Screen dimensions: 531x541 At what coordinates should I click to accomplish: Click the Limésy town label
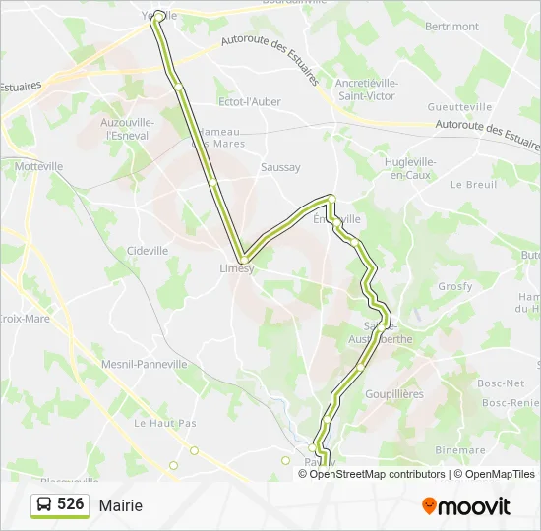tap(236, 268)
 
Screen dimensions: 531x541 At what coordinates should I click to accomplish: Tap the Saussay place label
tap(280, 167)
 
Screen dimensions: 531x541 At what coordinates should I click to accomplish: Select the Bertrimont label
tap(451, 27)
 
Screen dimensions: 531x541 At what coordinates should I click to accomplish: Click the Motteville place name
tap(38, 166)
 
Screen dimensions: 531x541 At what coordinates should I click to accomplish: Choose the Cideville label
tap(148, 251)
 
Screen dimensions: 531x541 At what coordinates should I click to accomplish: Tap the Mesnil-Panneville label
tap(145, 364)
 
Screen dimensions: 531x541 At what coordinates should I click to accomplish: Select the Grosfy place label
tap(455, 286)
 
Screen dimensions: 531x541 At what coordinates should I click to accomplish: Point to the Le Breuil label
tap(473, 184)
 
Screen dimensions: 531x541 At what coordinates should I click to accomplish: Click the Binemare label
tap(459, 450)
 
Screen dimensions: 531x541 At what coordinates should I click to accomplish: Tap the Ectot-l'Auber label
tap(249, 101)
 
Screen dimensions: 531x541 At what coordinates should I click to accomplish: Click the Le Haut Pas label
tap(165, 423)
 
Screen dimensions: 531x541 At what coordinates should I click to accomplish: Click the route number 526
tap(70, 504)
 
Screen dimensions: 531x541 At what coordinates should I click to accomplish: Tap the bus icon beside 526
tap(44, 505)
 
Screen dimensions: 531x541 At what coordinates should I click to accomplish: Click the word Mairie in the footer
tap(120, 505)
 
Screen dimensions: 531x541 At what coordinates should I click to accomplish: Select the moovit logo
tap(466, 505)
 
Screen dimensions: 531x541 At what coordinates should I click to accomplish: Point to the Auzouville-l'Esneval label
tap(127, 128)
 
